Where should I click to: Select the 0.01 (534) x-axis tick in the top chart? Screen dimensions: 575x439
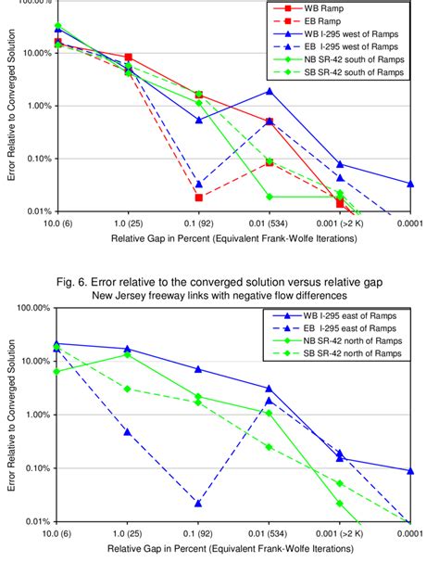[269, 224]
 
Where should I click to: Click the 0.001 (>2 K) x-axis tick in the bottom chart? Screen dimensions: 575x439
[339, 533]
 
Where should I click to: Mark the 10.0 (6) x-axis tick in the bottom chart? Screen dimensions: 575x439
[58, 533]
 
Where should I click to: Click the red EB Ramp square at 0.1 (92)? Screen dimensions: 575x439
[198, 197]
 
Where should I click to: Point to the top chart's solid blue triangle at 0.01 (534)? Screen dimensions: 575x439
[269, 91]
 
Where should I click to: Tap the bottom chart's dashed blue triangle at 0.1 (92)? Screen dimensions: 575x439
[198, 503]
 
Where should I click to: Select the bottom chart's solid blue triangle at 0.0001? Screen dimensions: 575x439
[410, 470]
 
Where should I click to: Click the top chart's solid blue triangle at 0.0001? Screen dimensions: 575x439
[410, 184]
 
